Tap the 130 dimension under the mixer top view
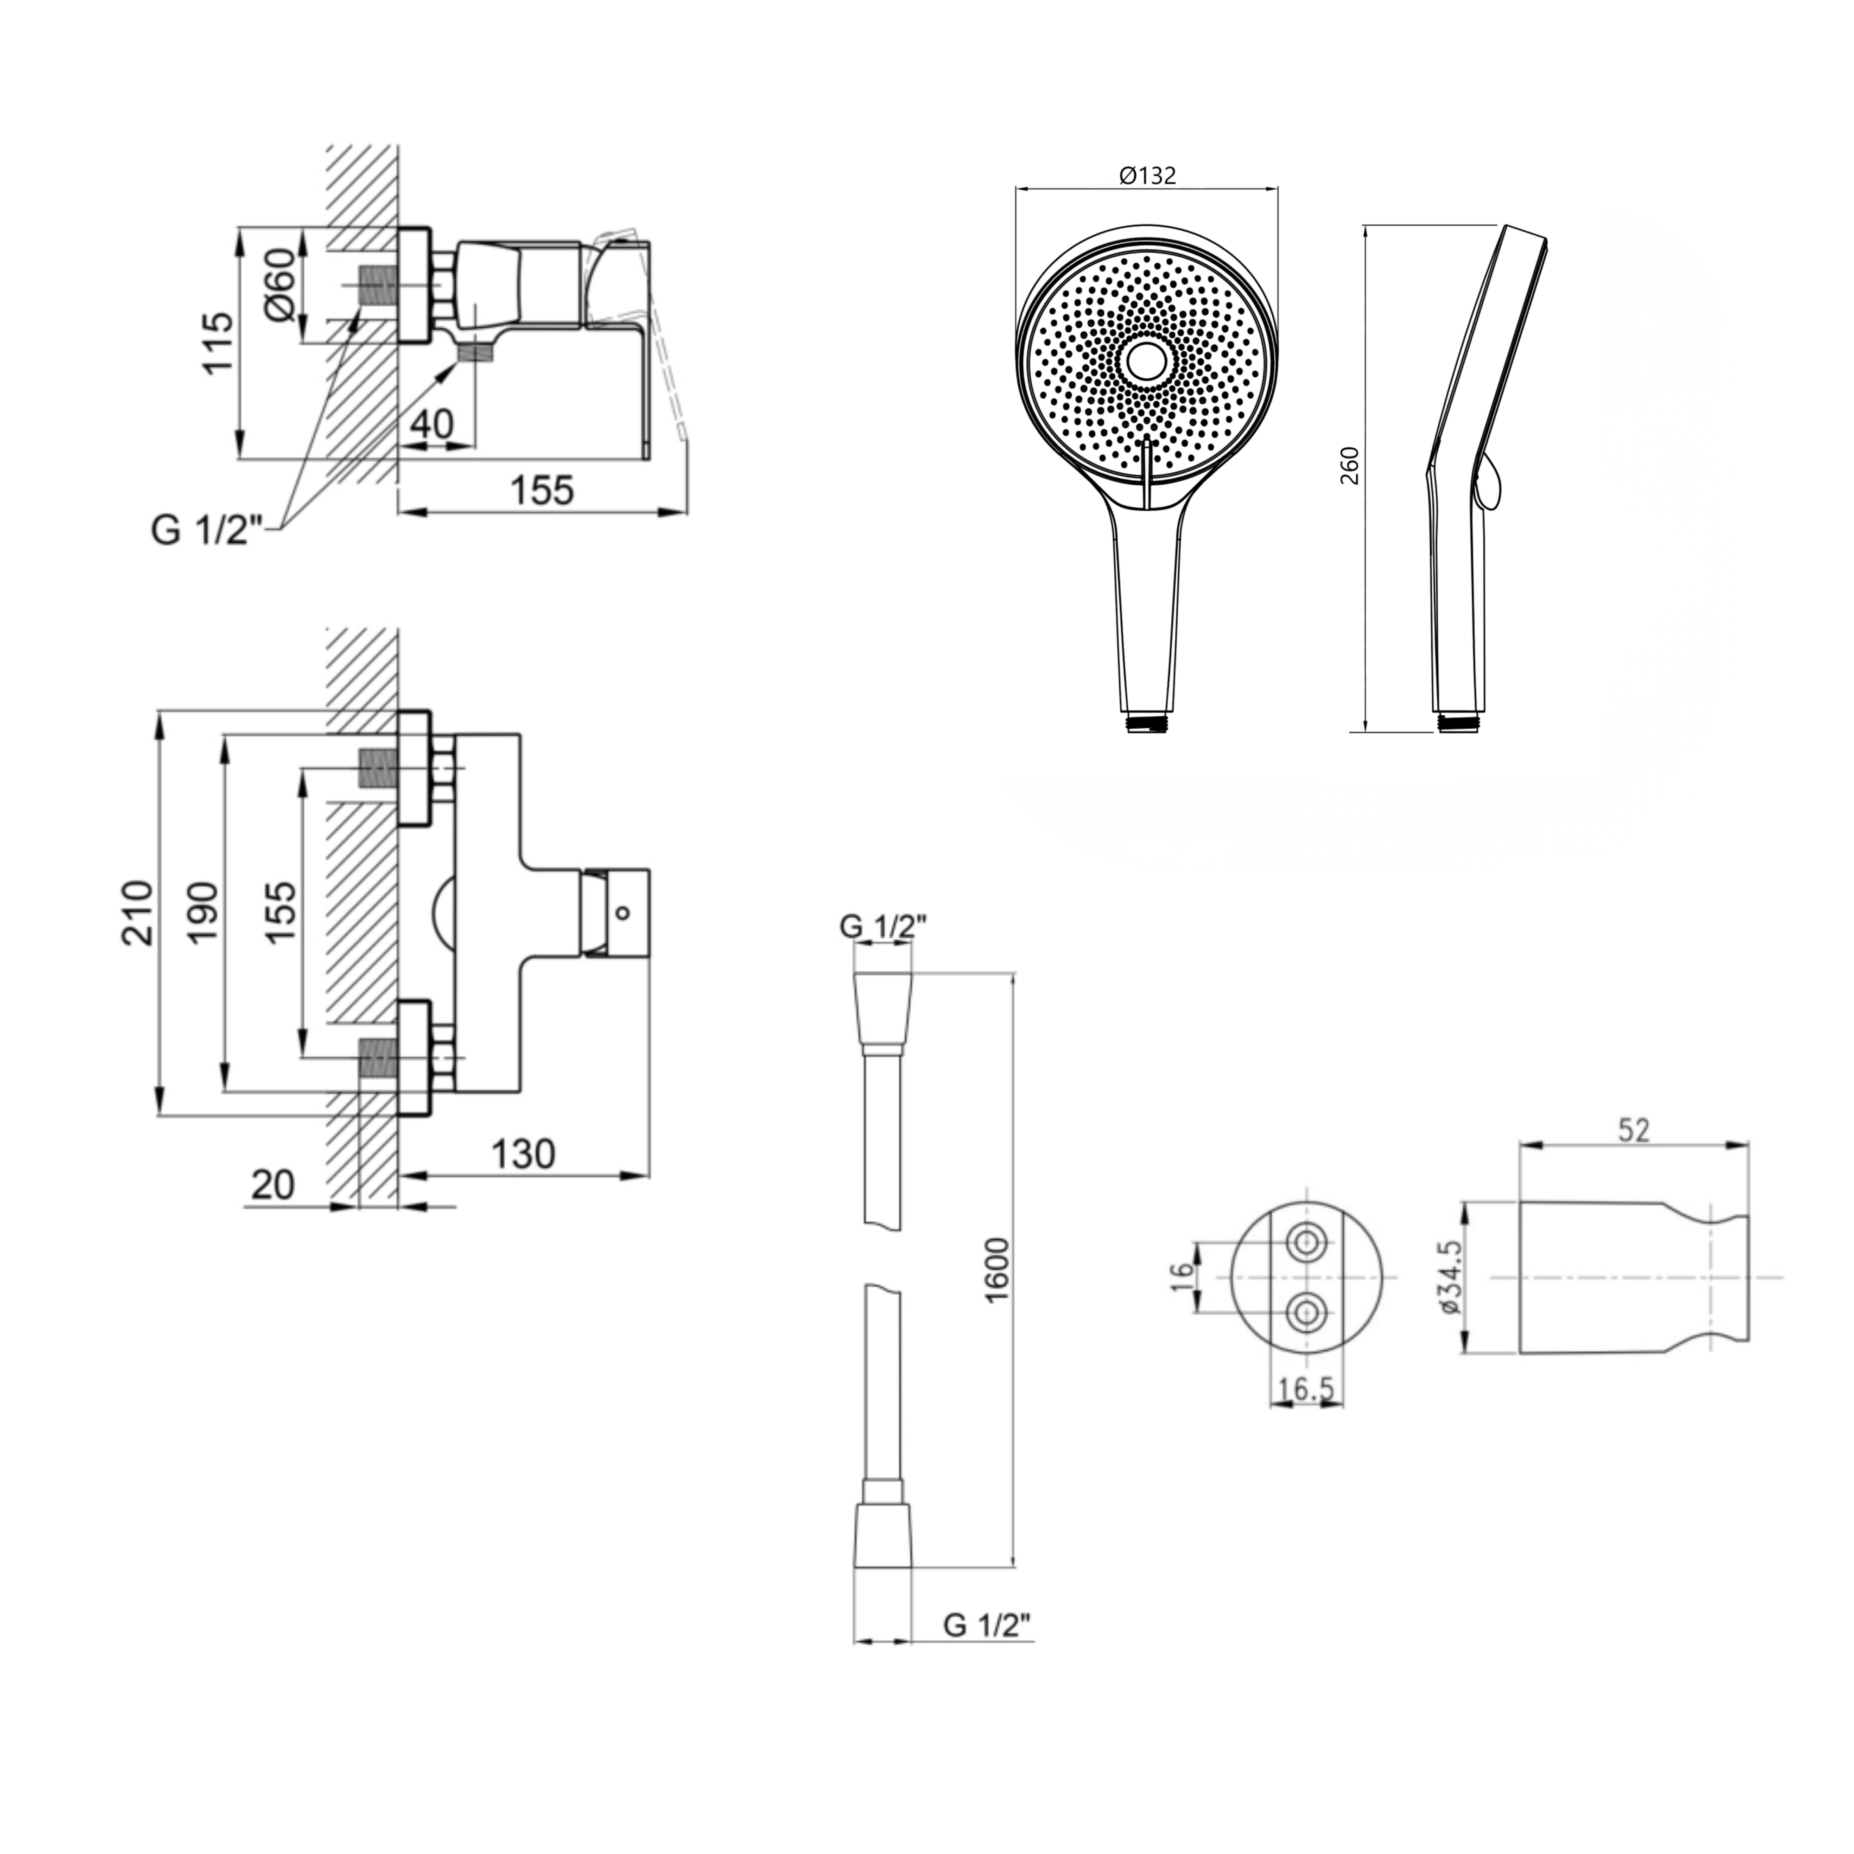click(x=523, y=1154)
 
